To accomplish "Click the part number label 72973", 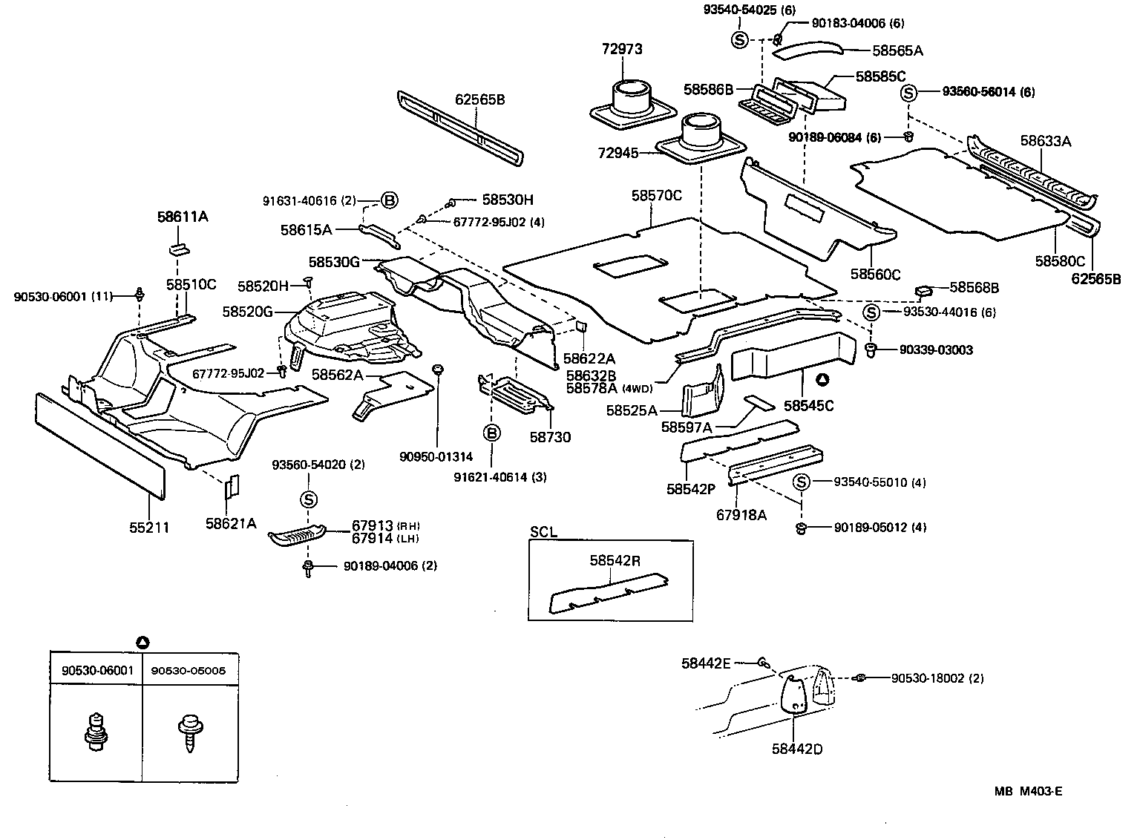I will click(x=621, y=50).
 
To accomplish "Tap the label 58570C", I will click(x=656, y=196).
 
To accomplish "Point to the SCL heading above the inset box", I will click(x=543, y=532).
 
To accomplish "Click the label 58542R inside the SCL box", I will click(x=615, y=560).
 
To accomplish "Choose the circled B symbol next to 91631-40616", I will click(x=390, y=200).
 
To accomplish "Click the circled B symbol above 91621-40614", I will click(x=491, y=433).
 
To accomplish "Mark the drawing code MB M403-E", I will click(x=1028, y=792).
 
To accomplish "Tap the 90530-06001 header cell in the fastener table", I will click(x=97, y=671).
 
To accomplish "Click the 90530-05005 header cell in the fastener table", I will click(x=188, y=671).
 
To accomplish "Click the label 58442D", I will click(x=796, y=749).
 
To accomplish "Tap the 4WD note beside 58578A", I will click(x=637, y=388).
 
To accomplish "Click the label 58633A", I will click(x=1044, y=140).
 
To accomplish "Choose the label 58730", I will click(x=550, y=437).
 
